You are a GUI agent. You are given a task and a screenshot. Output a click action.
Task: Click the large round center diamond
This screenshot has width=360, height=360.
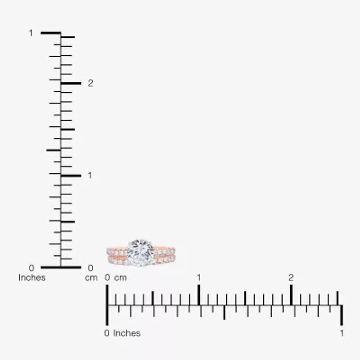(140, 252)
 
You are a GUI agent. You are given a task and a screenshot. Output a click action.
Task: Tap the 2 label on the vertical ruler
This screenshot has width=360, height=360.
(90, 83)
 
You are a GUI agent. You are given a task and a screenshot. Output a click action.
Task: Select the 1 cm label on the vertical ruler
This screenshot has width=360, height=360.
(90, 175)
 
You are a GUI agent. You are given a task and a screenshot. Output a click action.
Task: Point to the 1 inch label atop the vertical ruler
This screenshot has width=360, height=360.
(31, 33)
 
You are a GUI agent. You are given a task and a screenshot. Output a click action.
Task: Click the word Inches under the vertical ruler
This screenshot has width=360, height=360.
(32, 278)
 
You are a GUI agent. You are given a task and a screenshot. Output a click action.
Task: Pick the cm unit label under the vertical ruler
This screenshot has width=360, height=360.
(91, 278)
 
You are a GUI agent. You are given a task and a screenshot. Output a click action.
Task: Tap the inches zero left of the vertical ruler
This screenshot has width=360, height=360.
(31, 268)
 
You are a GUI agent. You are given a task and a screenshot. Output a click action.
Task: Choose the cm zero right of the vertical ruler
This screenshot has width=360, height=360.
(90, 268)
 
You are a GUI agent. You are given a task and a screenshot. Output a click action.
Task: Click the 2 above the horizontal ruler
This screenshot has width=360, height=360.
(291, 278)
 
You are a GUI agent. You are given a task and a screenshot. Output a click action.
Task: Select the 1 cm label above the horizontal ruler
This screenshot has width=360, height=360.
(198, 278)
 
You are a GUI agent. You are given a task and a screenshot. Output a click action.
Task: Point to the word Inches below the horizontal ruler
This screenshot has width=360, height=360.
(127, 333)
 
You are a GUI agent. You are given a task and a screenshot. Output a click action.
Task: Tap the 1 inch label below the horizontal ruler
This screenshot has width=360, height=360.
(342, 333)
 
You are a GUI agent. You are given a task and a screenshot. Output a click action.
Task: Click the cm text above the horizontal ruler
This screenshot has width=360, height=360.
(120, 278)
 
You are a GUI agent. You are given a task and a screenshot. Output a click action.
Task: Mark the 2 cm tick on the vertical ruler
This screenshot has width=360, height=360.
(71, 83)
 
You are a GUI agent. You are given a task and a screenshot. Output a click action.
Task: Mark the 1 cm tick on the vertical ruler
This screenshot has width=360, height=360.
(71, 175)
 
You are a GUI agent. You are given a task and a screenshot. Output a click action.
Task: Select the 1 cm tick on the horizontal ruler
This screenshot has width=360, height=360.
(198, 295)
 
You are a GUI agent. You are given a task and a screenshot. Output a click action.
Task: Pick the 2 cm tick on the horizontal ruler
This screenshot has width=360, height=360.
(291, 295)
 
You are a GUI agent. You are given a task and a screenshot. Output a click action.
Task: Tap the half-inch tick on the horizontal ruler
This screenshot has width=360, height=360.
(224, 312)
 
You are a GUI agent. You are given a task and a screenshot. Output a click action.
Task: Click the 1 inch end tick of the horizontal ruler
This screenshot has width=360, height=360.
(342, 315)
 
